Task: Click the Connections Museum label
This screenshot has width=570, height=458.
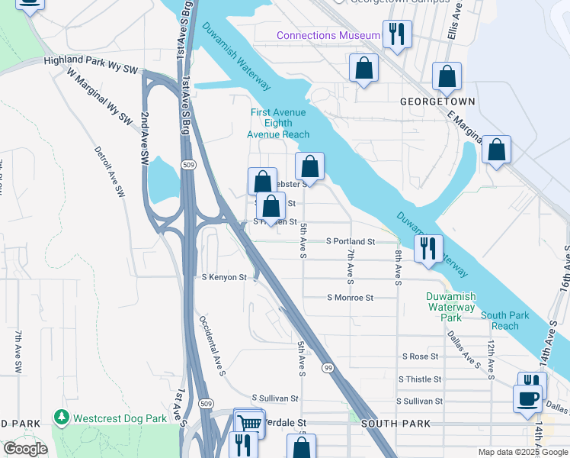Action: pos(328,36)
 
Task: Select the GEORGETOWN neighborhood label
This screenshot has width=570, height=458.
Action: pos(438,102)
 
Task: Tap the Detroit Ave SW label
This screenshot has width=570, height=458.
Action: pos(110,173)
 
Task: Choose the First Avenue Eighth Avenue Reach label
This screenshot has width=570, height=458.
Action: pos(278,124)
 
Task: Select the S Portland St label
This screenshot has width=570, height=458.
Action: pos(351,241)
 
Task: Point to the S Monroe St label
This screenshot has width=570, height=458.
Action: pos(350,298)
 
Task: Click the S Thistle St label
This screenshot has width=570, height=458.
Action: pos(421,379)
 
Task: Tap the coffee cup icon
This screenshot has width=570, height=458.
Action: pos(527,399)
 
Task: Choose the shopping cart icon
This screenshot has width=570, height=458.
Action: pos(250,422)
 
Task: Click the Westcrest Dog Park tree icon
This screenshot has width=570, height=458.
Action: pos(61,418)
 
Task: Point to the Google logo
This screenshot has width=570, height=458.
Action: pos(24,449)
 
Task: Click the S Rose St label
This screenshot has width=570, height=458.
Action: pos(421,356)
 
